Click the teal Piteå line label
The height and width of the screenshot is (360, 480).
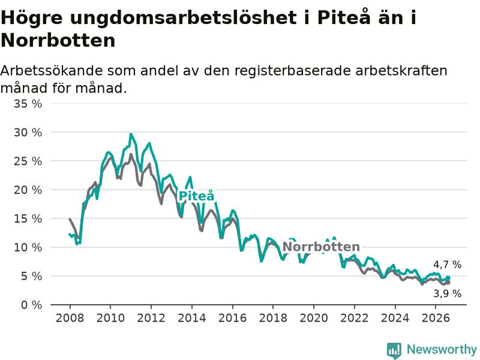tap(196, 196)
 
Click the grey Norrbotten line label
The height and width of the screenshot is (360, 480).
tap(321, 247)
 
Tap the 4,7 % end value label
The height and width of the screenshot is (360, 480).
tap(447, 265)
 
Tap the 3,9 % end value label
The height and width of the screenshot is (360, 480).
tap(447, 293)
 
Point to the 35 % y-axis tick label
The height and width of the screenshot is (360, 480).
tap(28, 104)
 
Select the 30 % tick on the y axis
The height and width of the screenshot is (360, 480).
tap(28, 133)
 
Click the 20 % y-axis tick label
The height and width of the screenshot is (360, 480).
tap(28, 190)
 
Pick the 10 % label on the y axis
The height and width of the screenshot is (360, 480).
tap(28, 247)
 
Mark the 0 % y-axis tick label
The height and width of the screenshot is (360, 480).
tap(32, 305)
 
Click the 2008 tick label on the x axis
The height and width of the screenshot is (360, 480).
tap(70, 318)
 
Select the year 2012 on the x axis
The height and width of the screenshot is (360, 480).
tap(151, 318)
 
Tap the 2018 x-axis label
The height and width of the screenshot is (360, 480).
tap(273, 318)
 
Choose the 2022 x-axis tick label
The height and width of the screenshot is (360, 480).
tap(355, 318)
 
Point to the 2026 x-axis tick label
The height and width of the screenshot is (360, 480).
tap(436, 318)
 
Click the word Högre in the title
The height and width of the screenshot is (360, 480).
tap(32, 19)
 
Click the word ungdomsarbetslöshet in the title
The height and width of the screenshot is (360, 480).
tap(184, 19)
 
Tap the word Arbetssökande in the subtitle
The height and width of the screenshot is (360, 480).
tap(52, 71)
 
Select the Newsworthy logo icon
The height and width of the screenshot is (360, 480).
tap(394, 350)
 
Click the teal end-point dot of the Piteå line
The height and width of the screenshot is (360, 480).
tap(448, 278)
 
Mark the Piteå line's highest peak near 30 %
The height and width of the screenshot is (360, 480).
tap(131, 134)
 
